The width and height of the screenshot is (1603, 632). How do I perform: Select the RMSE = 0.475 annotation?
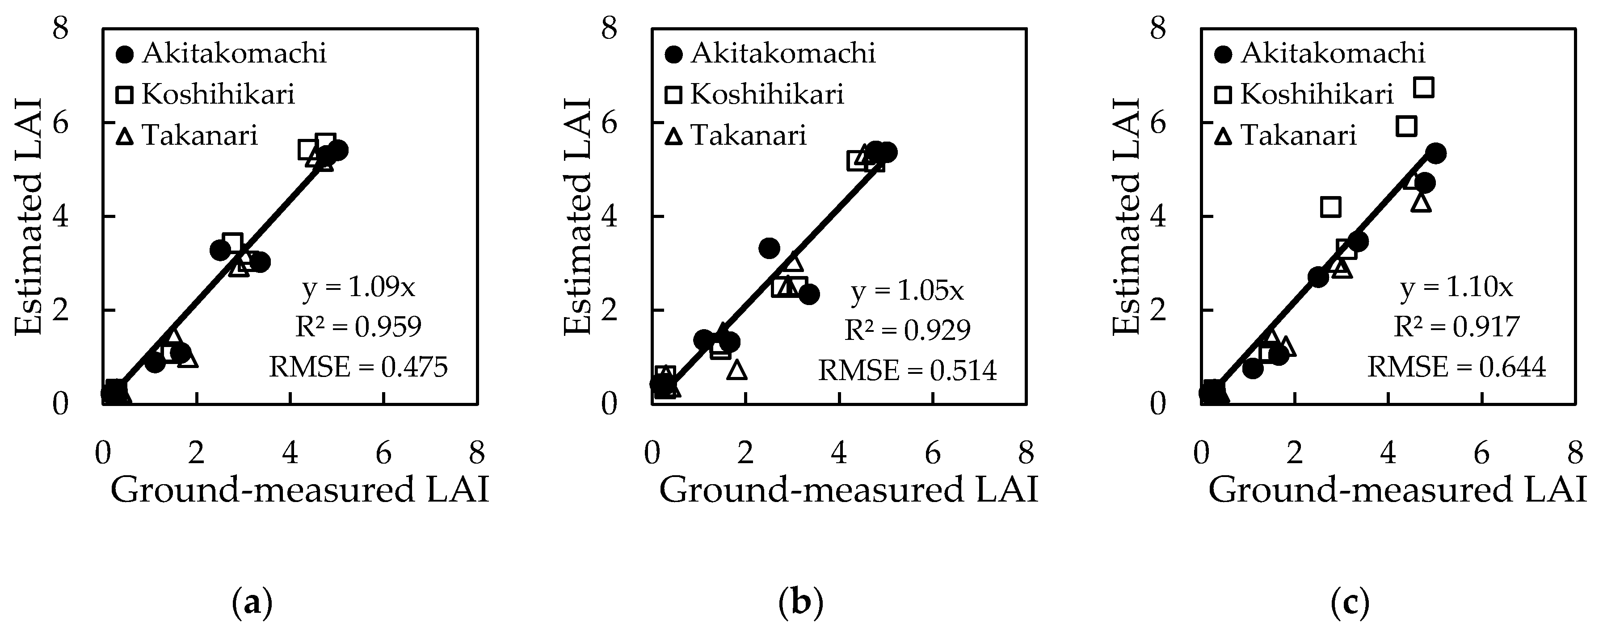pyautogui.click(x=358, y=367)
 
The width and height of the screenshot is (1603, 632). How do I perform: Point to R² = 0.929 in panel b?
pyautogui.click(x=907, y=330)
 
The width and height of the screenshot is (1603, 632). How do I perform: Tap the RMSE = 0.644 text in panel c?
pyautogui.click(x=1456, y=367)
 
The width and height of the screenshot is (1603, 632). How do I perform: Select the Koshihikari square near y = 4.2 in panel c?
pyautogui.click(x=1330, y=206)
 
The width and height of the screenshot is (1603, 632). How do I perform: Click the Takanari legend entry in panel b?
pyautogui.click(x=738, y=136)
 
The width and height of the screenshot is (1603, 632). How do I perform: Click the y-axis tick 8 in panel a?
pyautogui.click(x=60, y=29)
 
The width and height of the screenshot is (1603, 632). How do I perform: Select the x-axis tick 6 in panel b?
pyautogui.click(x=933, y=453)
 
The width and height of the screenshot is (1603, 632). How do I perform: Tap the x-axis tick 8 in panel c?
pyautogui.click(x=1575, y=453)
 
